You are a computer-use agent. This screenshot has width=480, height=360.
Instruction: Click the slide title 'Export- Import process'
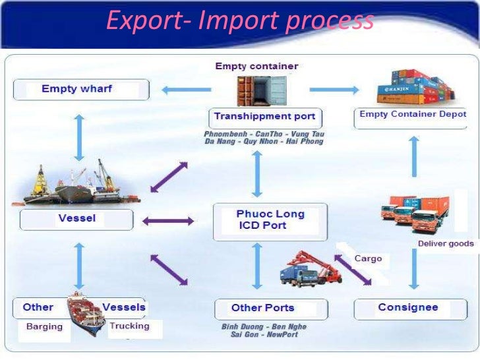pyautogui.click(x=240, y=21)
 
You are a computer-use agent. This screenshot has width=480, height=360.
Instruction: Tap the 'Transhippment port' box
pyautogui.click(x=265, y=117)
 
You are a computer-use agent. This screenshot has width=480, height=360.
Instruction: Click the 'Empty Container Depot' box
pyautogui.click(x=412, y=115)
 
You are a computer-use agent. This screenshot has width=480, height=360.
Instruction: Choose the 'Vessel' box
pyautogui.click(x=76, y=219)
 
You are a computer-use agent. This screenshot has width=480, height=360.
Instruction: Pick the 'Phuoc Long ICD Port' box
pyautogui.click(x=270, y=220)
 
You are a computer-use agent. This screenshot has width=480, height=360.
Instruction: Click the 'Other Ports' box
pyautogui.click(x=262, y=308)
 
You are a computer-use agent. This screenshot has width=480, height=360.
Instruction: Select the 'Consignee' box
pyautogui.click(x=408, y=308)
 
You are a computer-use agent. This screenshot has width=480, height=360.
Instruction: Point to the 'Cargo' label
pyautogui.click(x=368, y=258)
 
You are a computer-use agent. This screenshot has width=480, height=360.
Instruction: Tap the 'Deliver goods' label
pyautogui.click(x=445, y=243)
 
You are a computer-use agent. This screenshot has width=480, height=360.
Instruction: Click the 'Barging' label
pyautogui.click(x=44, y=326)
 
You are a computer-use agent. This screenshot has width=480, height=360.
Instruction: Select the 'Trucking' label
pyautogui.click(x=129, y=326)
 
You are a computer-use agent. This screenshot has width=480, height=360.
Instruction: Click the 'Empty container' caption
pyautogui.click(x=256, y=66)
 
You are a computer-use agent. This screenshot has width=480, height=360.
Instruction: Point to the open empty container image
pyautogui.click(x=262, y=90)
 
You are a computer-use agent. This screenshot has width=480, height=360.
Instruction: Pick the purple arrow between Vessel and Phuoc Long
pyautogui.click(x=168, y=221)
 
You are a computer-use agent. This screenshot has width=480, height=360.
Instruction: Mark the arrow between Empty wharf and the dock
pyautogui.click(x=79, y=136)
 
